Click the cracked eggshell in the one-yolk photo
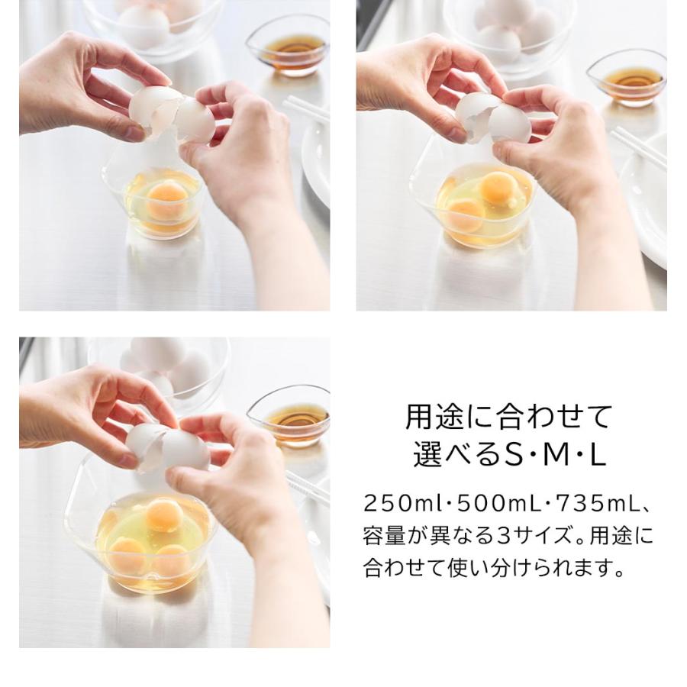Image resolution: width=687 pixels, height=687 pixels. (x=172, y=114)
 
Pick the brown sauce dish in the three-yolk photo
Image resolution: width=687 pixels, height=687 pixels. (x=290, y=416)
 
